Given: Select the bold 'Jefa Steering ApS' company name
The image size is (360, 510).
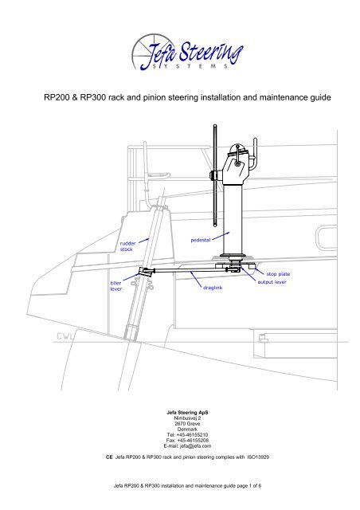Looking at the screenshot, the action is [179, 411].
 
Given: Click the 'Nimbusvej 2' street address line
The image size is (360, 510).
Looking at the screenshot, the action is [179, 418].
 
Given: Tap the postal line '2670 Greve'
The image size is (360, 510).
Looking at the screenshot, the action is [179, 424].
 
